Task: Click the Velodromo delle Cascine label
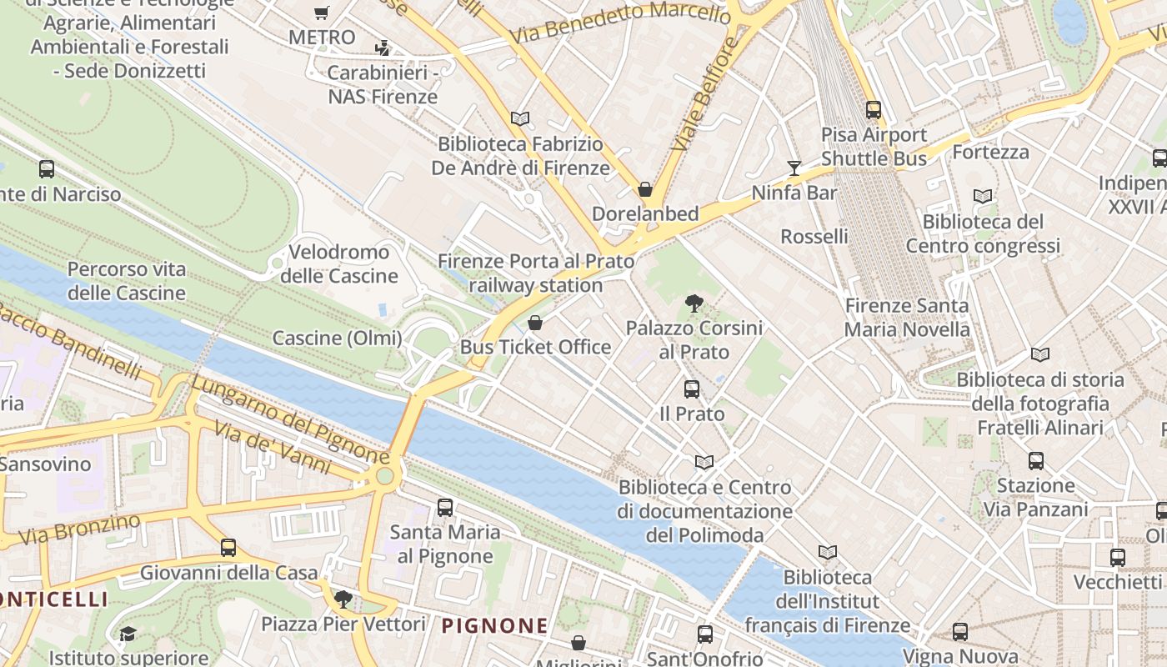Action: point(339,263)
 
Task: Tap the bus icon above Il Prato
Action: point(691,389)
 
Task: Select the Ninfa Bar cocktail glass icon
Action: point(794,168)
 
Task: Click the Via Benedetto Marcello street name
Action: point(620,23)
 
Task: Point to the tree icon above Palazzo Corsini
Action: point(694,303)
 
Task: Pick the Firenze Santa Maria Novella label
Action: point(907,318)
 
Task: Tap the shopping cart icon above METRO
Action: point(322,13)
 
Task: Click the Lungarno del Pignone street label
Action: point(289,420)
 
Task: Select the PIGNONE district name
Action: point(494,625)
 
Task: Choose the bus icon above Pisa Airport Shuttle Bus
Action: point(874,109)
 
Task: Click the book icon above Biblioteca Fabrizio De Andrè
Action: point(520,119)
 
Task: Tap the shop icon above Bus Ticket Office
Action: point(535,323)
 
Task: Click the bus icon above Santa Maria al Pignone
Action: point(445,507)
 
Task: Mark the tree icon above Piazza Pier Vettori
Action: point(343,599)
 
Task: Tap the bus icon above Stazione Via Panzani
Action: point(1036,460)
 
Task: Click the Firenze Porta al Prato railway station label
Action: point(536,273)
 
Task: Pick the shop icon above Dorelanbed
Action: point(644,189)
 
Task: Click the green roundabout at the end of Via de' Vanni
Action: point(384,476)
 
